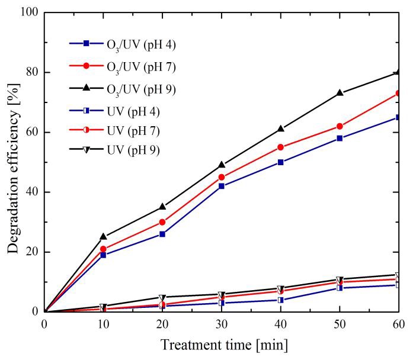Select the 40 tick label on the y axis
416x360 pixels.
click(x=31, y=192)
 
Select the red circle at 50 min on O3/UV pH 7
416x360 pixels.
click(x=340, y=126)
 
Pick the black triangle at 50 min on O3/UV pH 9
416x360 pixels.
click(x=340, y=93)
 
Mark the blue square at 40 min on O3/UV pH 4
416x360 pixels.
click(x=280, y=162)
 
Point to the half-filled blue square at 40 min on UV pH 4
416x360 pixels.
click(x=280, y=300)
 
